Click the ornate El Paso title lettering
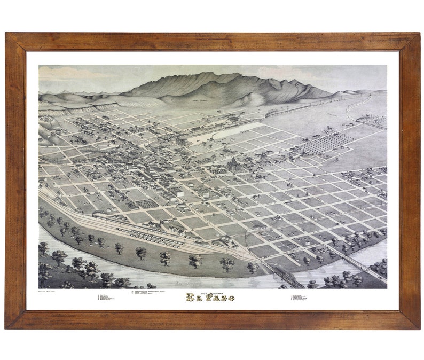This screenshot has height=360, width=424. (209, 298)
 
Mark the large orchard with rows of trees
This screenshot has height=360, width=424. (326, 143)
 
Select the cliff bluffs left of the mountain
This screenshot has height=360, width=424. (80, 106)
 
